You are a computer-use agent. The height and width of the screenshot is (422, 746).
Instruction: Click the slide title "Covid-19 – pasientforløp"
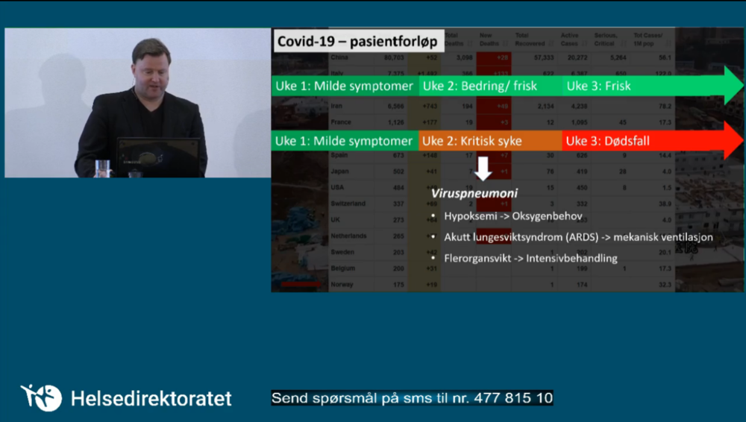(357, 41)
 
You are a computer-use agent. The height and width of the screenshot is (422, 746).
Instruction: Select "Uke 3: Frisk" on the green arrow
(598, 86)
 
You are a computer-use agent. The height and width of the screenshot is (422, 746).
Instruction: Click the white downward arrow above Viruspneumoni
(483, 169)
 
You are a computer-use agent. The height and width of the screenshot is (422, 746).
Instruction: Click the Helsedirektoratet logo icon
(41, 397)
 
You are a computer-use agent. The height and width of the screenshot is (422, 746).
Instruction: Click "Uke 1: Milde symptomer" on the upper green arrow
(344, 86)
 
